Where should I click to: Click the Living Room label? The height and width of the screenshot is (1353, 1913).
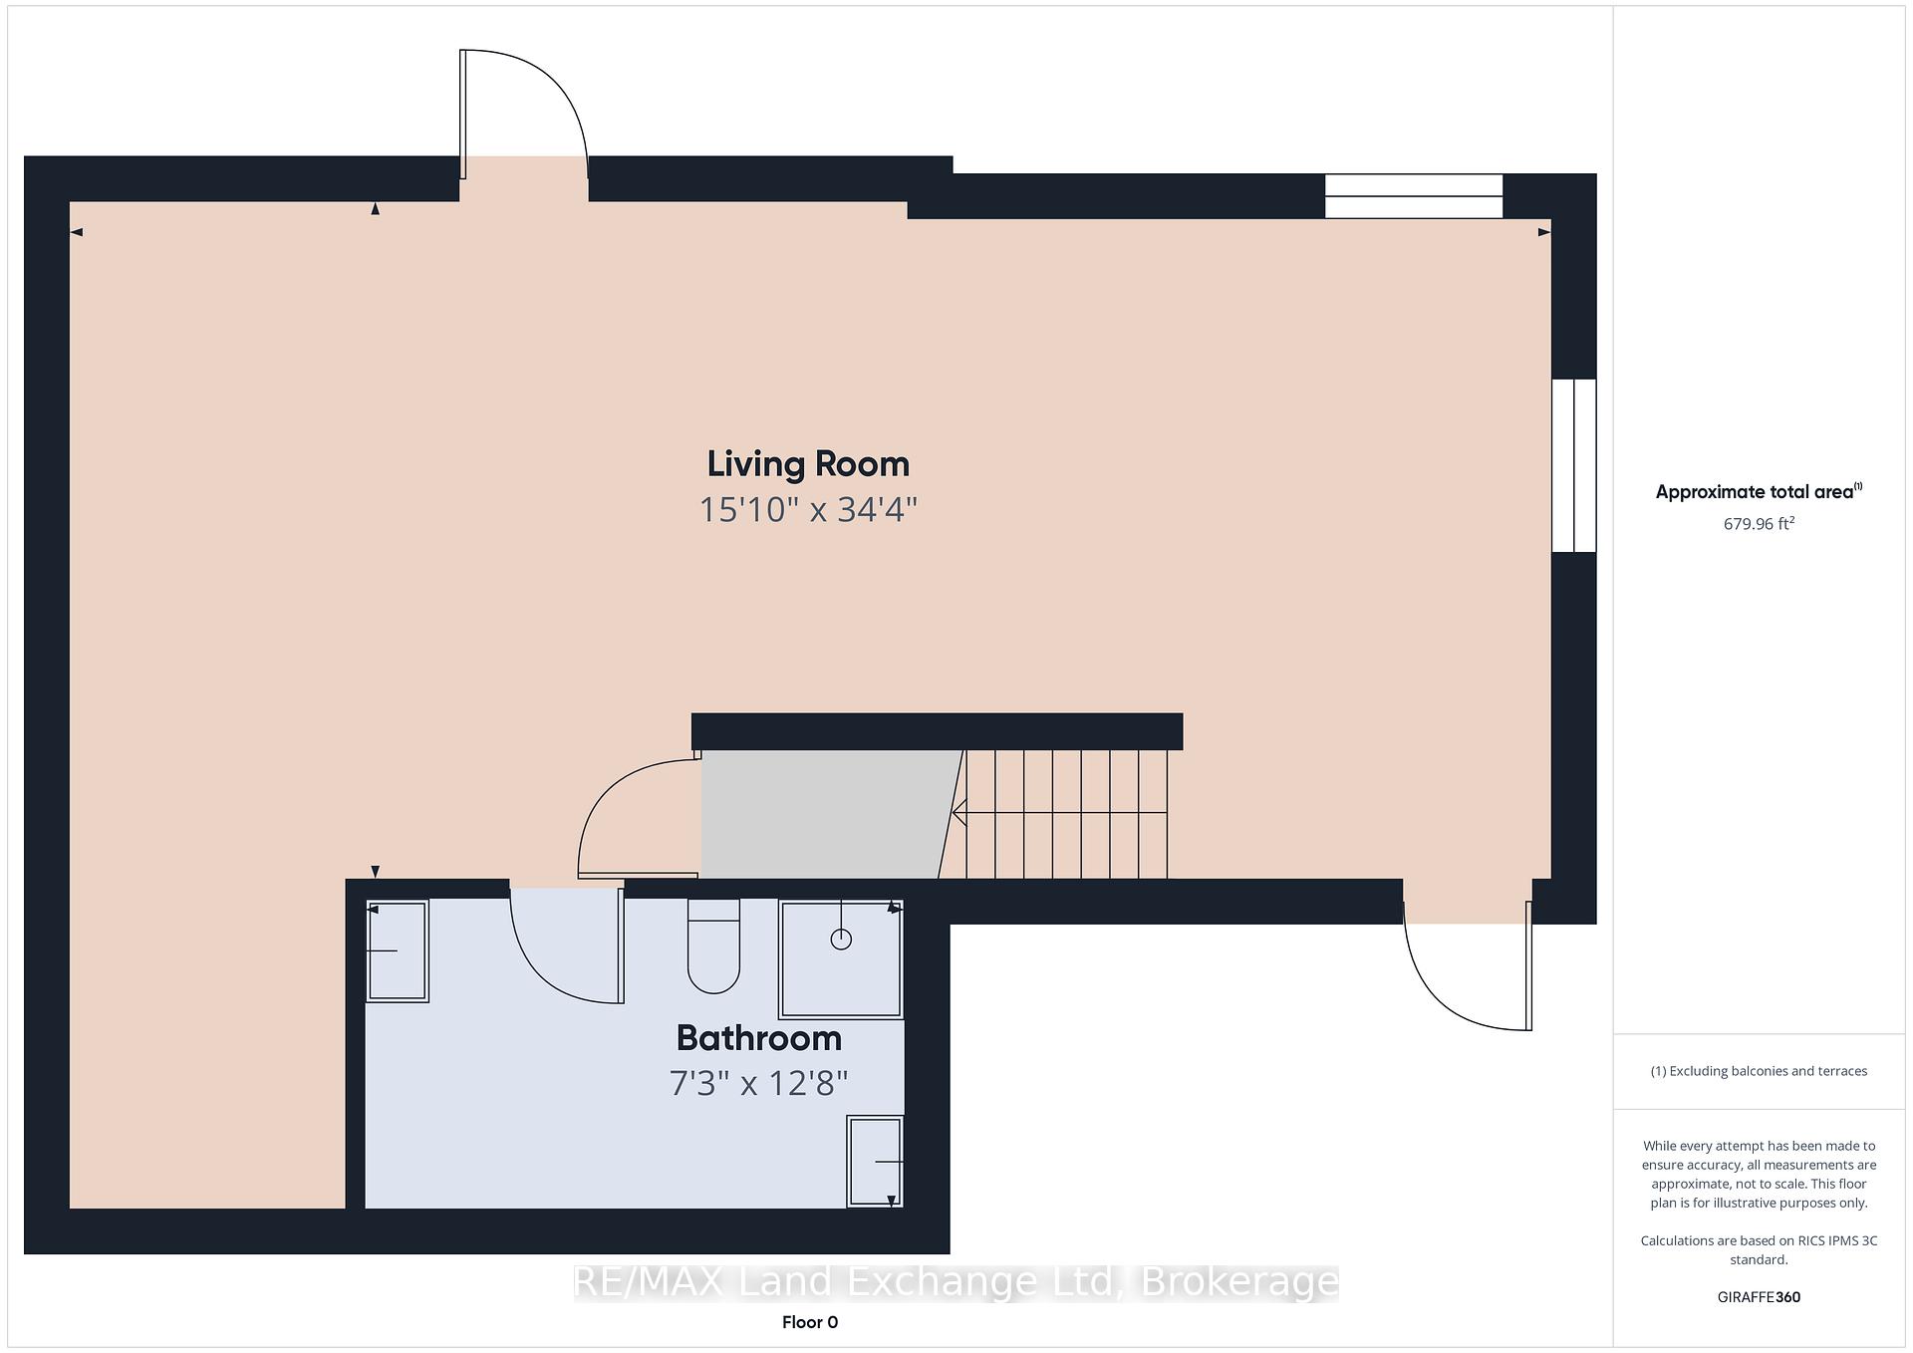coord(808,464)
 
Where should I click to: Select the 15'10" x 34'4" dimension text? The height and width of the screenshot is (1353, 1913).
coord(808,510)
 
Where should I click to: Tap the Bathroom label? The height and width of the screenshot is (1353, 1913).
coord(759,1038)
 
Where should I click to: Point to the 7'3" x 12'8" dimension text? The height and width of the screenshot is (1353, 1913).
coord(759,1083)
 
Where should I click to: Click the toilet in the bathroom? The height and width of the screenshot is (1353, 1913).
coord(713,947)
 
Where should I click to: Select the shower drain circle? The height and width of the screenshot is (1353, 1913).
coord(841,939)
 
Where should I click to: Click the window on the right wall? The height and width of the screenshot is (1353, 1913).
coord(1574,465)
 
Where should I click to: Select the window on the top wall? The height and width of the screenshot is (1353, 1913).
coord(1413,196)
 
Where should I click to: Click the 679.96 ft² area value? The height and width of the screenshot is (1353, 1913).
coord(1759,523)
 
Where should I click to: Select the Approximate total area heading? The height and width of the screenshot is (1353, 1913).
coord(1759,491)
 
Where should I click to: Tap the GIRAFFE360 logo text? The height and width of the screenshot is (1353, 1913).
coord(1759,1297)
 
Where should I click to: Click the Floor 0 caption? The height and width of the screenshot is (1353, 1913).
coord(810,1322)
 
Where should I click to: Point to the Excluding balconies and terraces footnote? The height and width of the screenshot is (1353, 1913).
coord(1759,1071)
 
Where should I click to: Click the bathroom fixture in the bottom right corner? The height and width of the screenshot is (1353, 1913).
coord(875,1162)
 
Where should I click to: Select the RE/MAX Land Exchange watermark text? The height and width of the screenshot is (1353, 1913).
coord(956,1282)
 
